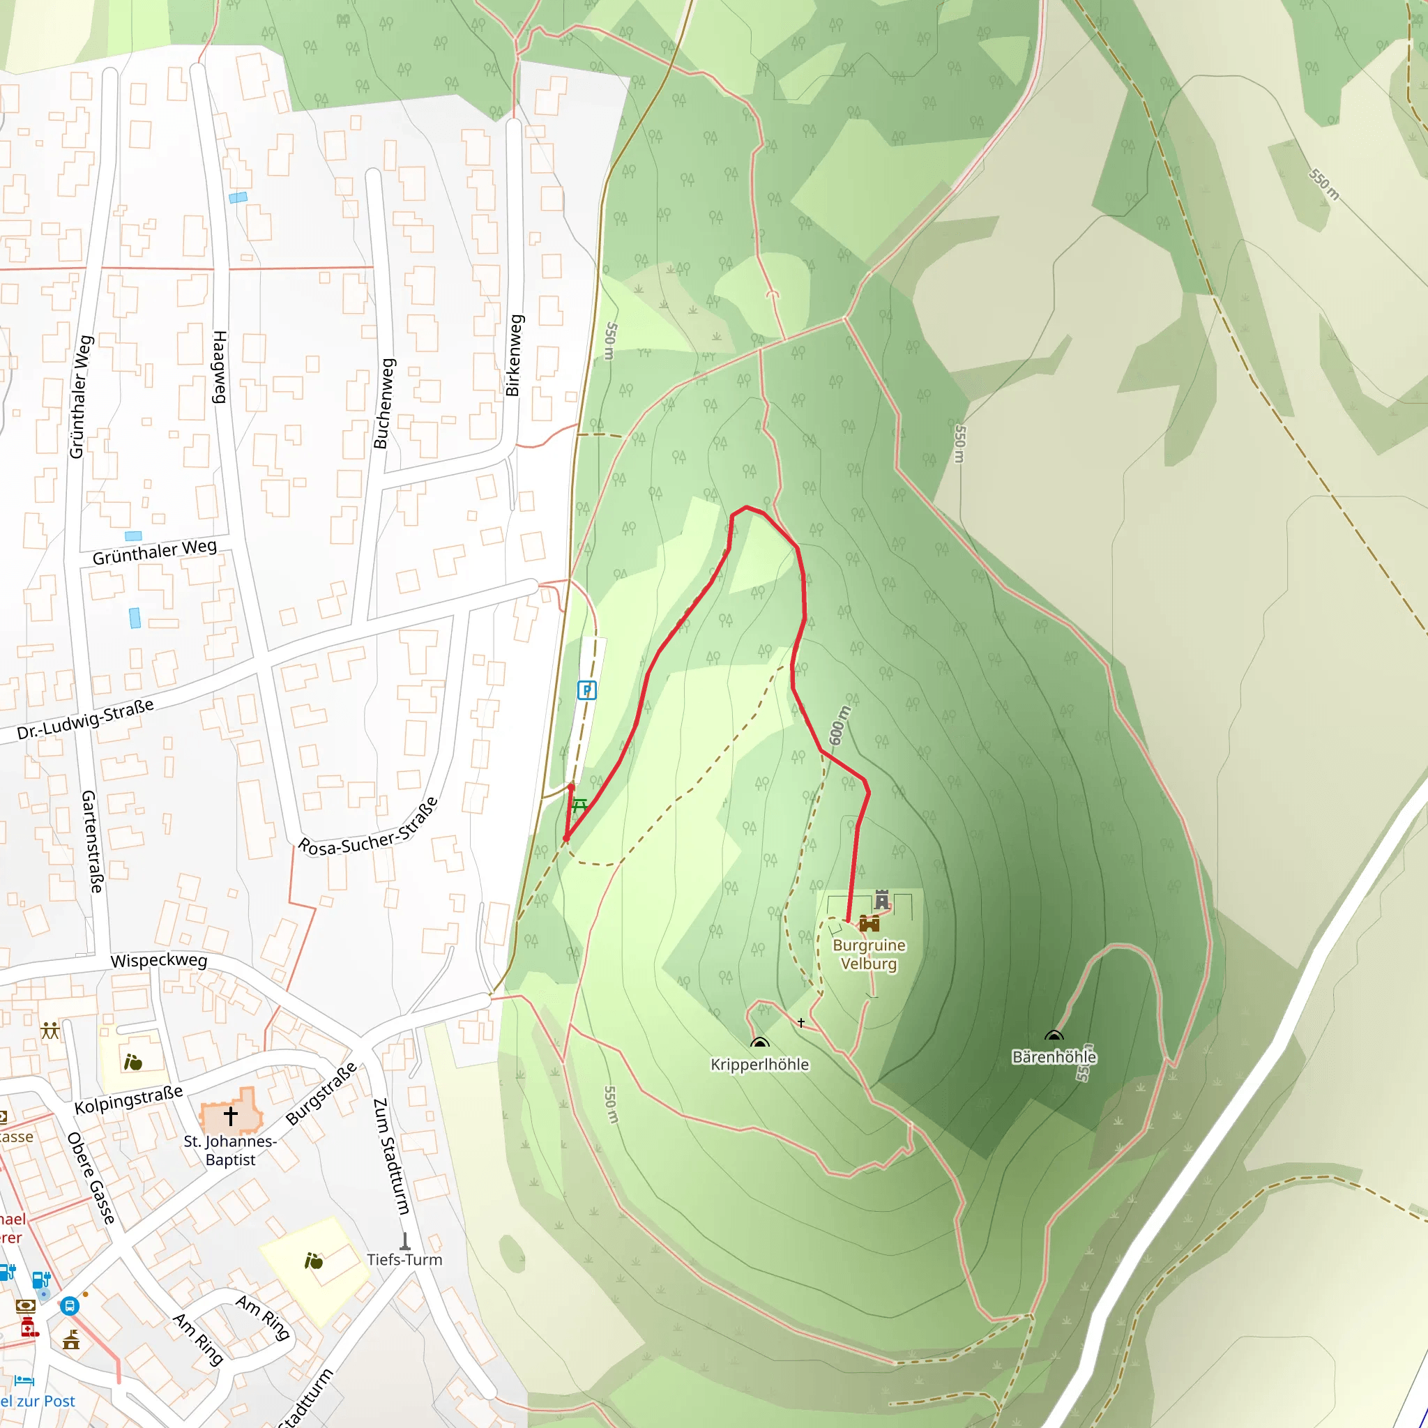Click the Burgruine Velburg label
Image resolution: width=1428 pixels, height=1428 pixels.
tap(869, 955)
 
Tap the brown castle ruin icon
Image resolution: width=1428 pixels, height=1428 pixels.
tap(869, 923)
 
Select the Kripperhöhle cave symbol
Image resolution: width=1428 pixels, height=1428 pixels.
tap(759, 1043)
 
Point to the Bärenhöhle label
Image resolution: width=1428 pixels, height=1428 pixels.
tap(1054, 1057)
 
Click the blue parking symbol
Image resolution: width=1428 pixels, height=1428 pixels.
tap(586, 690)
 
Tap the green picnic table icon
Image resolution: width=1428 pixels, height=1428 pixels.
tap(579, 805)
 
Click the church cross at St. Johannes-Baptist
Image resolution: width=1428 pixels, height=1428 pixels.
tap(231, 1115)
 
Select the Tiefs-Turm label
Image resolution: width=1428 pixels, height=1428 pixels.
tap(404, 1259)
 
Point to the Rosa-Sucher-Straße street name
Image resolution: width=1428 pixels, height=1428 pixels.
tap(368, 827)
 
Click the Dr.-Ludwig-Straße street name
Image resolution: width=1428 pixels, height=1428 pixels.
tap(86, 718)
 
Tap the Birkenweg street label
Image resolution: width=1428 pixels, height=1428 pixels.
tap(514, 356)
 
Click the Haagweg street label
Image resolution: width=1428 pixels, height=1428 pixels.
tap(220, 367)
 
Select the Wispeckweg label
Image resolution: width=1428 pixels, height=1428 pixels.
tap(159, 961)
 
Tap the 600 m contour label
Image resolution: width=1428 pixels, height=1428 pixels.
tap(839, 725)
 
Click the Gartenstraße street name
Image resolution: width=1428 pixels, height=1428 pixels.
tap(91, 841)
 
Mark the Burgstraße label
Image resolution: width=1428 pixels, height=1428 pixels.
tap(321, 1093)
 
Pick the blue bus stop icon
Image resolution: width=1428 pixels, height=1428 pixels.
tap(70, 1306)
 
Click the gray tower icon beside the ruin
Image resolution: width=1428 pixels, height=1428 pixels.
tap(882, 899)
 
